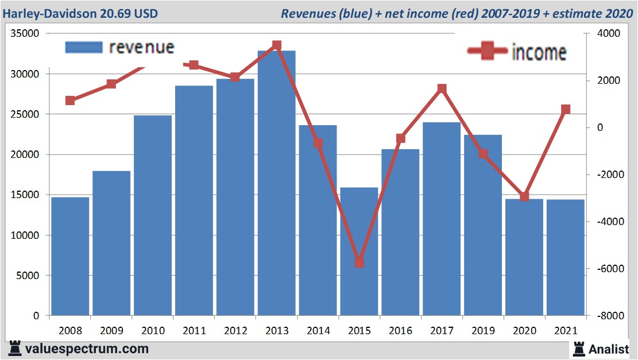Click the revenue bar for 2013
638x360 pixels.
276,184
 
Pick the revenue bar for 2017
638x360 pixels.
442,219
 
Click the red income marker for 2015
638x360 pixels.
359,262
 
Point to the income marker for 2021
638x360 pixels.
566,109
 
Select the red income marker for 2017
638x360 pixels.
442,88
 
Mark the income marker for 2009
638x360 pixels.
111,84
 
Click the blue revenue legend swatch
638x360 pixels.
84,47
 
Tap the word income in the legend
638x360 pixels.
539,52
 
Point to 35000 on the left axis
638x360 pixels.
25,34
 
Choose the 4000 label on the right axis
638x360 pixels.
608,34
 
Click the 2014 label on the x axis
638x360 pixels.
318,331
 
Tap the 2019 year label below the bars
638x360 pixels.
483,331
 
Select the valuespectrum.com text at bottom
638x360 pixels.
87,349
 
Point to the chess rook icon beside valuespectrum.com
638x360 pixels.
15,348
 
